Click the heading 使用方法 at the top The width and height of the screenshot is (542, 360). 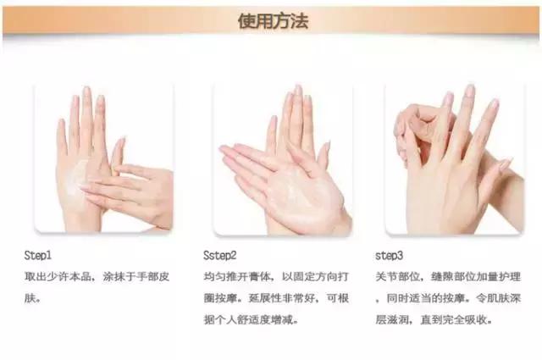click(x=273, y=20)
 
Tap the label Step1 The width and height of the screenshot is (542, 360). click(x=41, y=254)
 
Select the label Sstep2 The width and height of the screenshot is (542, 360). click(x=220, y=254)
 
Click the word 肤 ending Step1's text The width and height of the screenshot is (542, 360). click(x=30, y=298)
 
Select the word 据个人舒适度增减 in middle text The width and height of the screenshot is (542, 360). click(x=253, y=320)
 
